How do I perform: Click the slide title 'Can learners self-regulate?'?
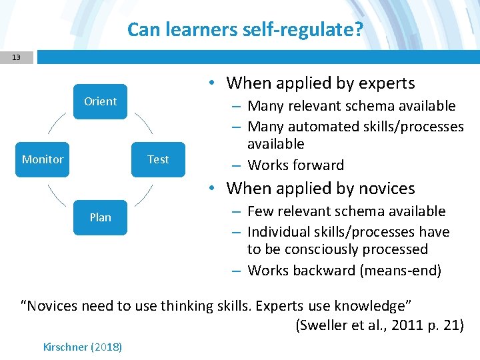click(x=245, y=29)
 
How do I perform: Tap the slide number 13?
click(x=16, y=57)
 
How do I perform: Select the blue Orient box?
click(x=100, y=101)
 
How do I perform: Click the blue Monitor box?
click(x=43, y=159)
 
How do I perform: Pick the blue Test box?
click(x=158, y=159)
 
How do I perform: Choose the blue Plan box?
click(x=100, y=217)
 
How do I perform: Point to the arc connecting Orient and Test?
click(x=144, y=123)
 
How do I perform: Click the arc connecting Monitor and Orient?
click(x=57, y=123)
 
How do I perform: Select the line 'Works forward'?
click(x=295, y=165)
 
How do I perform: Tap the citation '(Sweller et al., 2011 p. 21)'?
click(x=379, y=325)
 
